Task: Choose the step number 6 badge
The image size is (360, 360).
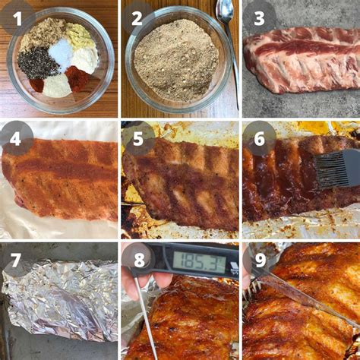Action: click(x=259, y=138)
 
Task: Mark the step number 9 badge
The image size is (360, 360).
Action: click(x=259, y=259)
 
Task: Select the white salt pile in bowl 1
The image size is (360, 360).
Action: click(x=61, y=52)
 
